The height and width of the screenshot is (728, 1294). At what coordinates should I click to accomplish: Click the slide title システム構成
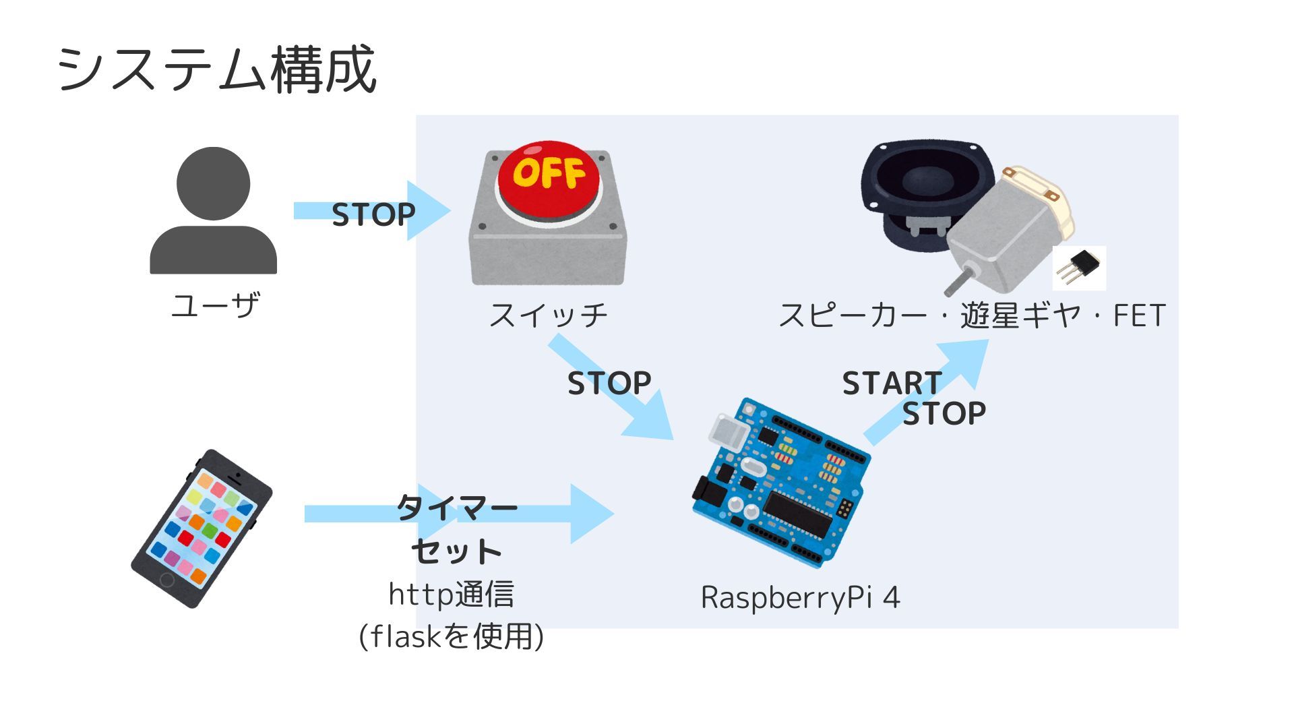[x=216, y=69]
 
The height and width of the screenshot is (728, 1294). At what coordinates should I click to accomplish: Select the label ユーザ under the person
[x=215, y=305]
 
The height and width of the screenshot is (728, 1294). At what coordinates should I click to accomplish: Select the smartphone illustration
[x=202, y=529]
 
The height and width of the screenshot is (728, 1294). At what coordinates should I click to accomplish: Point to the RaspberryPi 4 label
[x=800, y=597]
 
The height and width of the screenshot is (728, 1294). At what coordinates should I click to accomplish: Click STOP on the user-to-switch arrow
[x=373, y=214]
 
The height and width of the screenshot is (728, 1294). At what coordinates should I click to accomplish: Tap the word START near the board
[x=892, y=383]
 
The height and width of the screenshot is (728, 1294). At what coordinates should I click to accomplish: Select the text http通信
[x=451, y=594]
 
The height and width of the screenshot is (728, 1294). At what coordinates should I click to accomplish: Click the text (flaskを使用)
[x=451, y=636]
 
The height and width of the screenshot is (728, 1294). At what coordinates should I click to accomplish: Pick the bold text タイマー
[x=456, y=508]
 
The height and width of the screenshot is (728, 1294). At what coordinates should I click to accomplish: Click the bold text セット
[x=456, y=551]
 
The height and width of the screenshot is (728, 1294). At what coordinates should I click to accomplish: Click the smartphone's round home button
[x=166, y=580]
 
